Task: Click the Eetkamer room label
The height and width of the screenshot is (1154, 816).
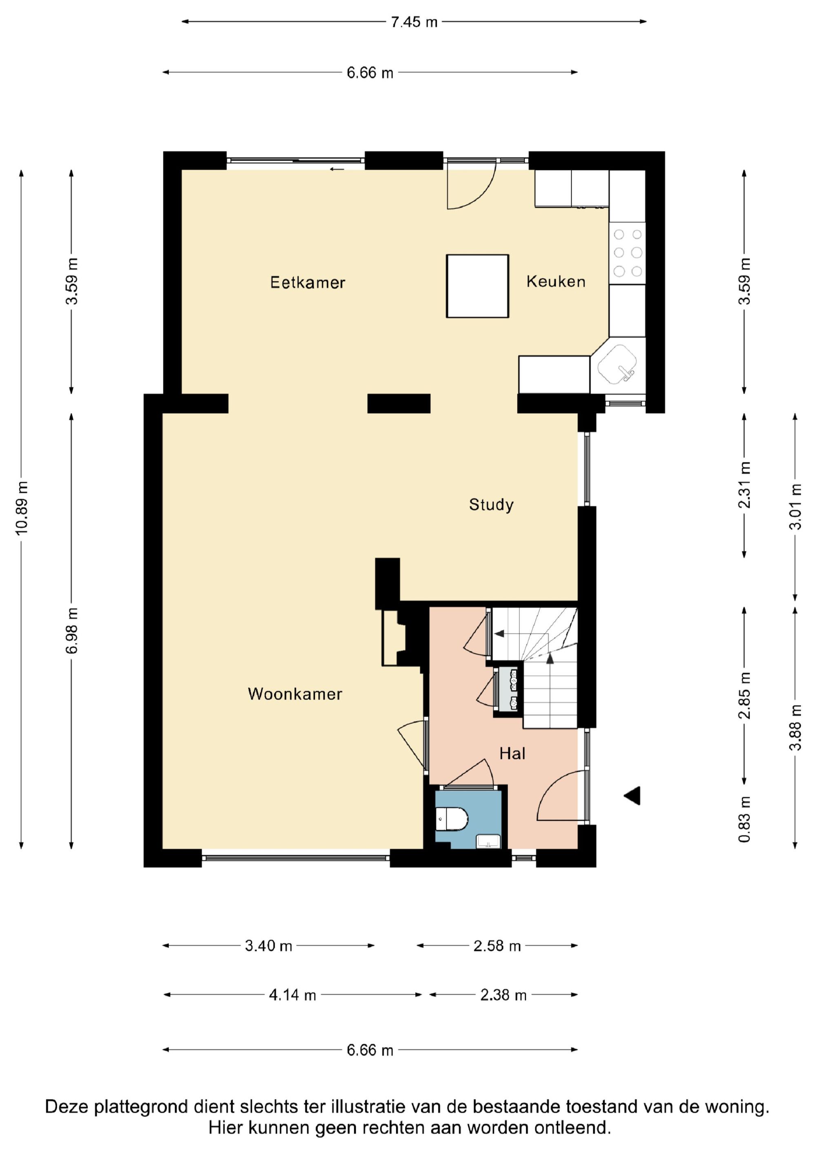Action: (x=308, y=282)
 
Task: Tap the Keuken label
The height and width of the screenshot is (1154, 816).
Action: (x=556, y=281)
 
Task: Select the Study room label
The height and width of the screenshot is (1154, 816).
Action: (x=491, y=505)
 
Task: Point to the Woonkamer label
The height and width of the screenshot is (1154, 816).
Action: (x=295, y=694)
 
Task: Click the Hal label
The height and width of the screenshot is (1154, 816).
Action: (x=512, y=753)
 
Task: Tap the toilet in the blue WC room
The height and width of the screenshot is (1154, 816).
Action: (x=452, y=819)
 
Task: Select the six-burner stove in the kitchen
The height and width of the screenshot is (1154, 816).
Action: (x=628, y=253)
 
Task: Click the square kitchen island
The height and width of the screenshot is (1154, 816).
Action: (x=478, y=286)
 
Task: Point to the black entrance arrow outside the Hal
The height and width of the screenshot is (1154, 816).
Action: (x=632, y=795)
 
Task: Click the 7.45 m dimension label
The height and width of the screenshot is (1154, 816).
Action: (x=414, y=22)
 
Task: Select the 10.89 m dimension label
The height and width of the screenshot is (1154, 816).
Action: (x=22, y=508)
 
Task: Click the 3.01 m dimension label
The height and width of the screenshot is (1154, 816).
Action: (x=795, y=507)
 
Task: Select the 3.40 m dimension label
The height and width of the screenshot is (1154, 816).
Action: (x=268, y=946)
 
